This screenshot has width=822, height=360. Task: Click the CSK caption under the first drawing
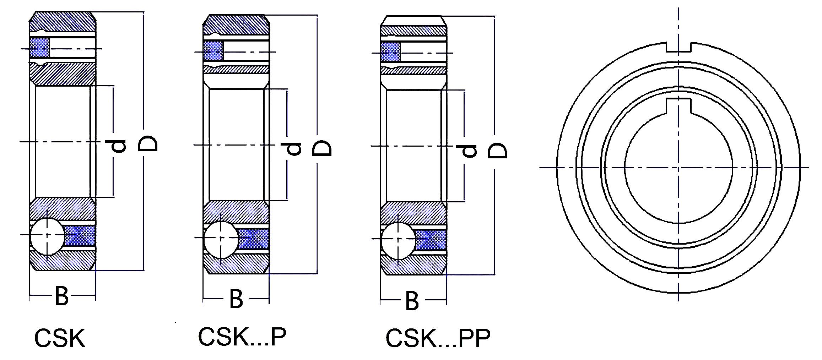(60, 338)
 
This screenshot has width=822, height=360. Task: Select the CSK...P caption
(242, 336)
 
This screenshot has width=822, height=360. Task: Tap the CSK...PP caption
(438, 338)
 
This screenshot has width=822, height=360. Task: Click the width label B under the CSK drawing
(62, 296)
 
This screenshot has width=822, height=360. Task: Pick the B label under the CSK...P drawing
(236, 299)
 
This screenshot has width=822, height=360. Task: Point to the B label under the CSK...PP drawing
(412, 301)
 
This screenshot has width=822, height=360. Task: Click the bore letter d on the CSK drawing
(116, 146)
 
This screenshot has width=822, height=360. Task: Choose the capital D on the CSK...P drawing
(322, 148)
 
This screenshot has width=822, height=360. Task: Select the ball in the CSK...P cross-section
(221, 238)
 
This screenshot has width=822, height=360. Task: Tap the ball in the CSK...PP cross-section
(398, 239)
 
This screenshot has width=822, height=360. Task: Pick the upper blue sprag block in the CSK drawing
(39, 48)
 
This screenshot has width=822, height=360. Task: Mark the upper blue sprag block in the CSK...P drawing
(213, 52)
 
